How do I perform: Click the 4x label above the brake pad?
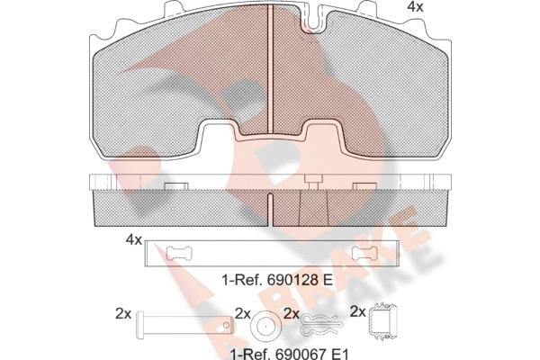(x=415, y=7)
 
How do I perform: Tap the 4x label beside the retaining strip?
(x=133, y=240)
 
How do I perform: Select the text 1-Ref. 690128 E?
(x=277, y=281)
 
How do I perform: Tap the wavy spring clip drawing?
(x=319, y=322)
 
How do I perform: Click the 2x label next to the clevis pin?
(x=123, y=313)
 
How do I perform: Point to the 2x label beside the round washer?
(x=241, y=313)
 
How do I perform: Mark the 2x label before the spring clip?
(x=290, y=313)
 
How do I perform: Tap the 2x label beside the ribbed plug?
(x=357, y=312)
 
